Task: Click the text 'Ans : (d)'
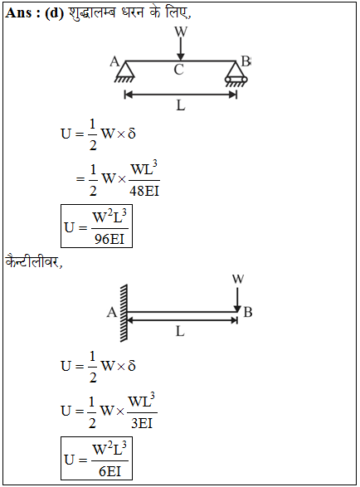35,12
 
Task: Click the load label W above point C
181,32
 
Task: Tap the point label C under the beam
178,70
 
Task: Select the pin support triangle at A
125,71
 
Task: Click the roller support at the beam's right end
236,73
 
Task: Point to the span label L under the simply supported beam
181,105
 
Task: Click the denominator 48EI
144,191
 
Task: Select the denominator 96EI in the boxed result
109,239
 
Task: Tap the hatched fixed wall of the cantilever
124,313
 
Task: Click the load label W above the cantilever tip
238,280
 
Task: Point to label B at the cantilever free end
248,312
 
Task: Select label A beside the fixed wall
112,312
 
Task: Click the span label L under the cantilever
180,331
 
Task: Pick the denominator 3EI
142,423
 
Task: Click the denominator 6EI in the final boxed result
109,471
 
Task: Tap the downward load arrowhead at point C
181,57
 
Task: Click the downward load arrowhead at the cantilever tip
237,309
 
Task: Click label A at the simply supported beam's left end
114,61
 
